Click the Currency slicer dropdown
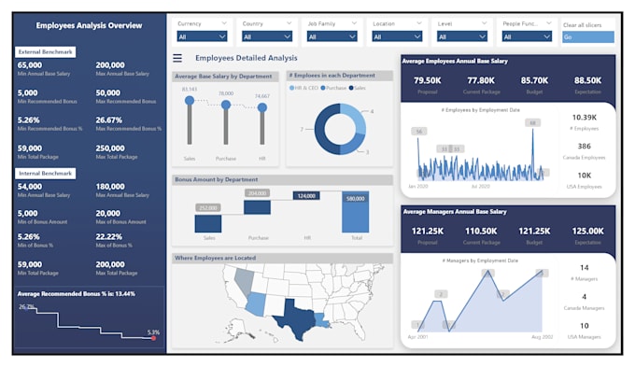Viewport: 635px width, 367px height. (x=202, y=36)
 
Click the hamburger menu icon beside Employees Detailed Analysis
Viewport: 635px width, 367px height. (x=178, y=58)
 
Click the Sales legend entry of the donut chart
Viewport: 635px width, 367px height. (x=358, y=87)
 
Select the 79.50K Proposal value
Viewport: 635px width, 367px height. (x=427, y=80)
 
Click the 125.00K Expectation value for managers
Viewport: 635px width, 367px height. (x=588, y=230)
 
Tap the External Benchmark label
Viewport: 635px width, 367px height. (x=46, y=51)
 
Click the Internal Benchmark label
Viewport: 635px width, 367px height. (x=46, y=173)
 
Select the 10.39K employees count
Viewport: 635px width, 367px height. (x=583, y=117)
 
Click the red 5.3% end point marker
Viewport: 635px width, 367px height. (x=154, y=338)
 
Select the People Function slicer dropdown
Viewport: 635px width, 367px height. (x=528, y=36)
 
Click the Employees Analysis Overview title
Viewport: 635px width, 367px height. (x=89, y=25)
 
